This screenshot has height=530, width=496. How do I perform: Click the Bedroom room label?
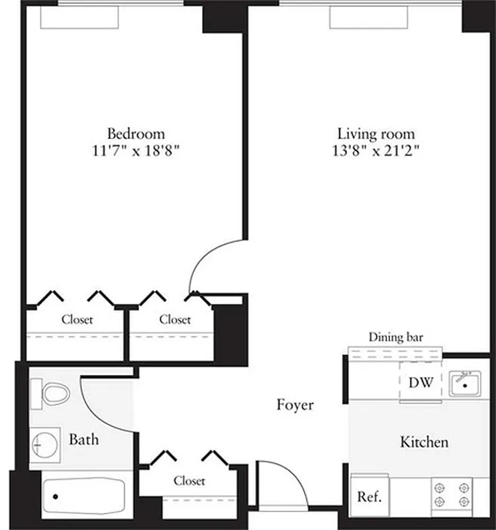136,133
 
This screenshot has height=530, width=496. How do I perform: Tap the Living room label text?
376,134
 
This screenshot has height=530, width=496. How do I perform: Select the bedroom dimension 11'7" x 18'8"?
136,150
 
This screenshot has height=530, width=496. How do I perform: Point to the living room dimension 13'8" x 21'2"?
376,150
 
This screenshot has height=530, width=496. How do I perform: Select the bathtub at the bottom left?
83,496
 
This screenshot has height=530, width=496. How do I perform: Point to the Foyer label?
295,405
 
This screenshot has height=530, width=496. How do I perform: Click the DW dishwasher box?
421,382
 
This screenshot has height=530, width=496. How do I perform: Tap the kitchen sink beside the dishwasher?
466,384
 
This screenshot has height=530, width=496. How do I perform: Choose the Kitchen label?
424,442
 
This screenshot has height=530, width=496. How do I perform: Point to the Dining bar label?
396,337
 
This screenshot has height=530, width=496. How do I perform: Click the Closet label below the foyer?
189,481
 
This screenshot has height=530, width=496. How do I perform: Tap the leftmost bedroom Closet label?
77,319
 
